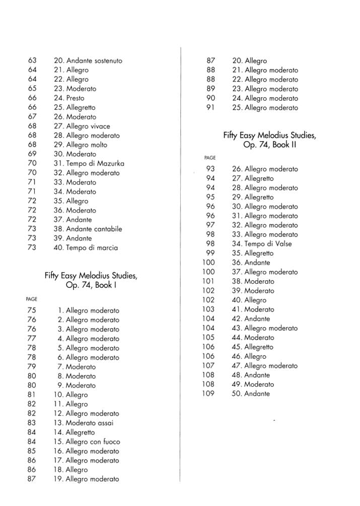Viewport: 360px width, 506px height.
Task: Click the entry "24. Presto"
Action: pos(69,98)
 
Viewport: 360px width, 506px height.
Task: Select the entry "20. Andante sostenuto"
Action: pos(88,60)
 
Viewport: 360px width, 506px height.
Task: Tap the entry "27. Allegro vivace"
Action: pos(82,126)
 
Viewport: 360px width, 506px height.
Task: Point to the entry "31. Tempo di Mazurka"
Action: pos(89,163)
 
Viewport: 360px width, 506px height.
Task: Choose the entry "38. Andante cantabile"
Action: pos(88,229)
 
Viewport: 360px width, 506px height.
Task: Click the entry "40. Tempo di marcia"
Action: pos(86,247)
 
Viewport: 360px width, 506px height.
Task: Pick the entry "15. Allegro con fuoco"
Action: pos(87,442)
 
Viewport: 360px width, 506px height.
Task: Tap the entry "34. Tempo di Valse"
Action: pos(261,244)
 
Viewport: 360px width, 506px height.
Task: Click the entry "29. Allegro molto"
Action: pos(80,145)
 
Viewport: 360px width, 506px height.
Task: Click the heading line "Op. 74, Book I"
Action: pos(91,285)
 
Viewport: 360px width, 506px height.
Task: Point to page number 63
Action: pos(32,60)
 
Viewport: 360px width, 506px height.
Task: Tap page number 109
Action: pos(208,394)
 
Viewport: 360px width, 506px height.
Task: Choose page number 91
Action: pos(210,107)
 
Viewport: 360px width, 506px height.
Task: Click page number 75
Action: pos(32,310)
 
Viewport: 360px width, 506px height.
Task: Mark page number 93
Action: pos(210,169)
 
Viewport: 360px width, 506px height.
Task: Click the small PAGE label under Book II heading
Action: pos(209,158)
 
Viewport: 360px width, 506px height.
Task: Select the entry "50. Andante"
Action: pos(250,394)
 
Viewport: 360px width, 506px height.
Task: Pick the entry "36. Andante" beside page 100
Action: pos(251,263)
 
